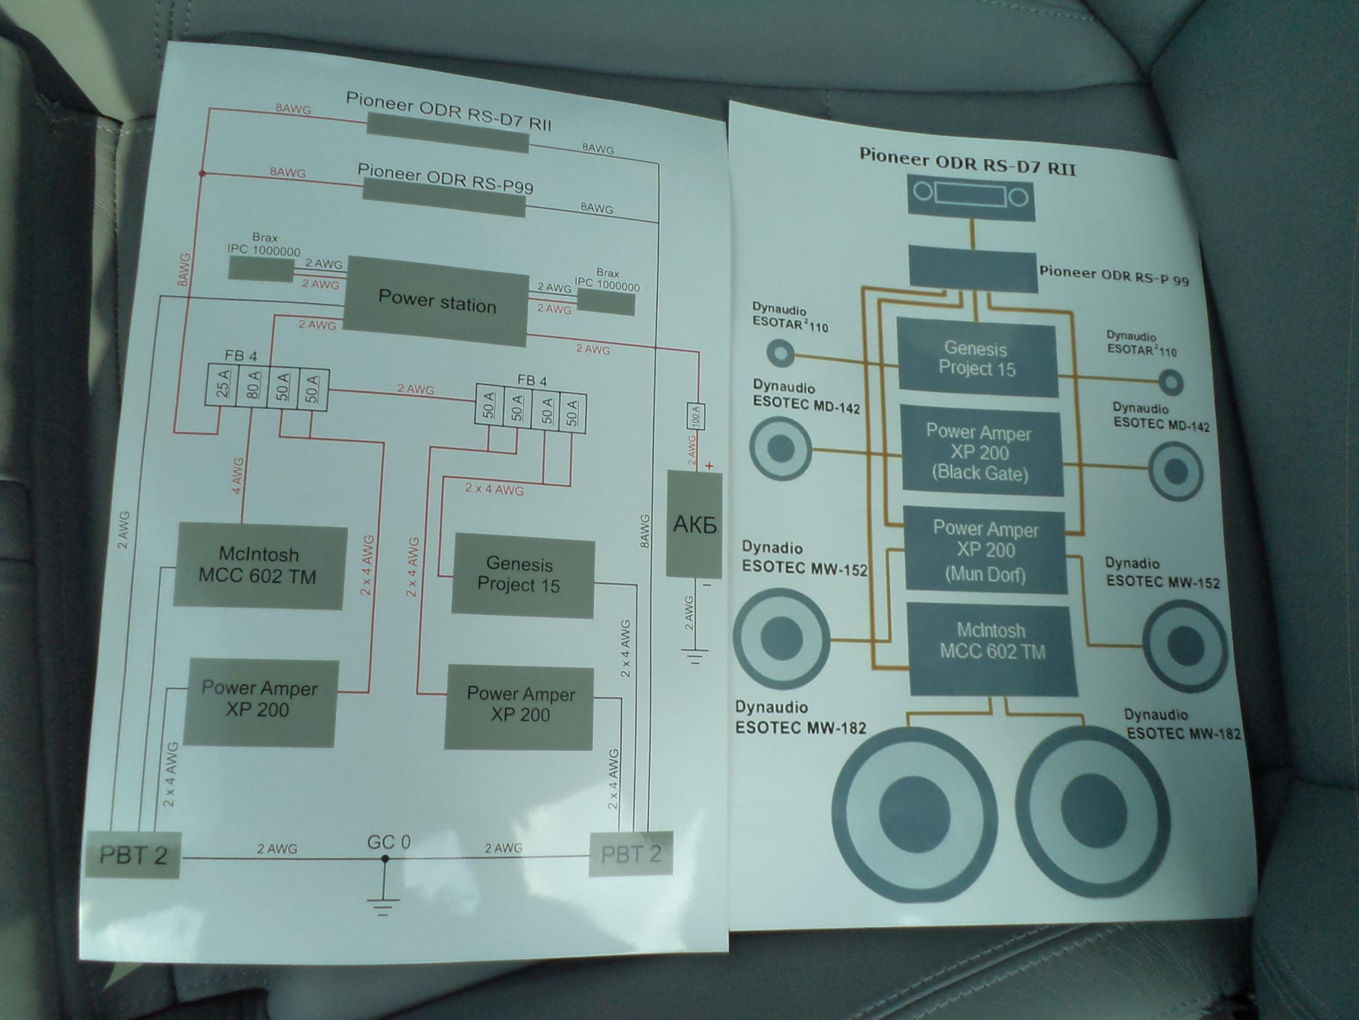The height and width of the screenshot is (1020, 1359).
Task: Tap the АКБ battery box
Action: tap(694, 524)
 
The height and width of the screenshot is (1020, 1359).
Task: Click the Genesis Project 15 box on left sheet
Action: tap(522, 576)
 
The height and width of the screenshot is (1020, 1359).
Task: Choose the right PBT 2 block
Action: tap(630, 854)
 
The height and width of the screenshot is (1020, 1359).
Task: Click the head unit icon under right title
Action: tap(971, 197)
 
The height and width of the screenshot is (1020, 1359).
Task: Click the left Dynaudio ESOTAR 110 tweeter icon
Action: tap(780, 353)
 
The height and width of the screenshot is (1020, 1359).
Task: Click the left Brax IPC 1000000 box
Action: tap(261, 269)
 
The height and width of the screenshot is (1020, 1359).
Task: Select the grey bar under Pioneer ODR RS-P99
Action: tap(444, 198)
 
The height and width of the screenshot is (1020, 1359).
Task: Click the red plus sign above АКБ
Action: tap(710, 466)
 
